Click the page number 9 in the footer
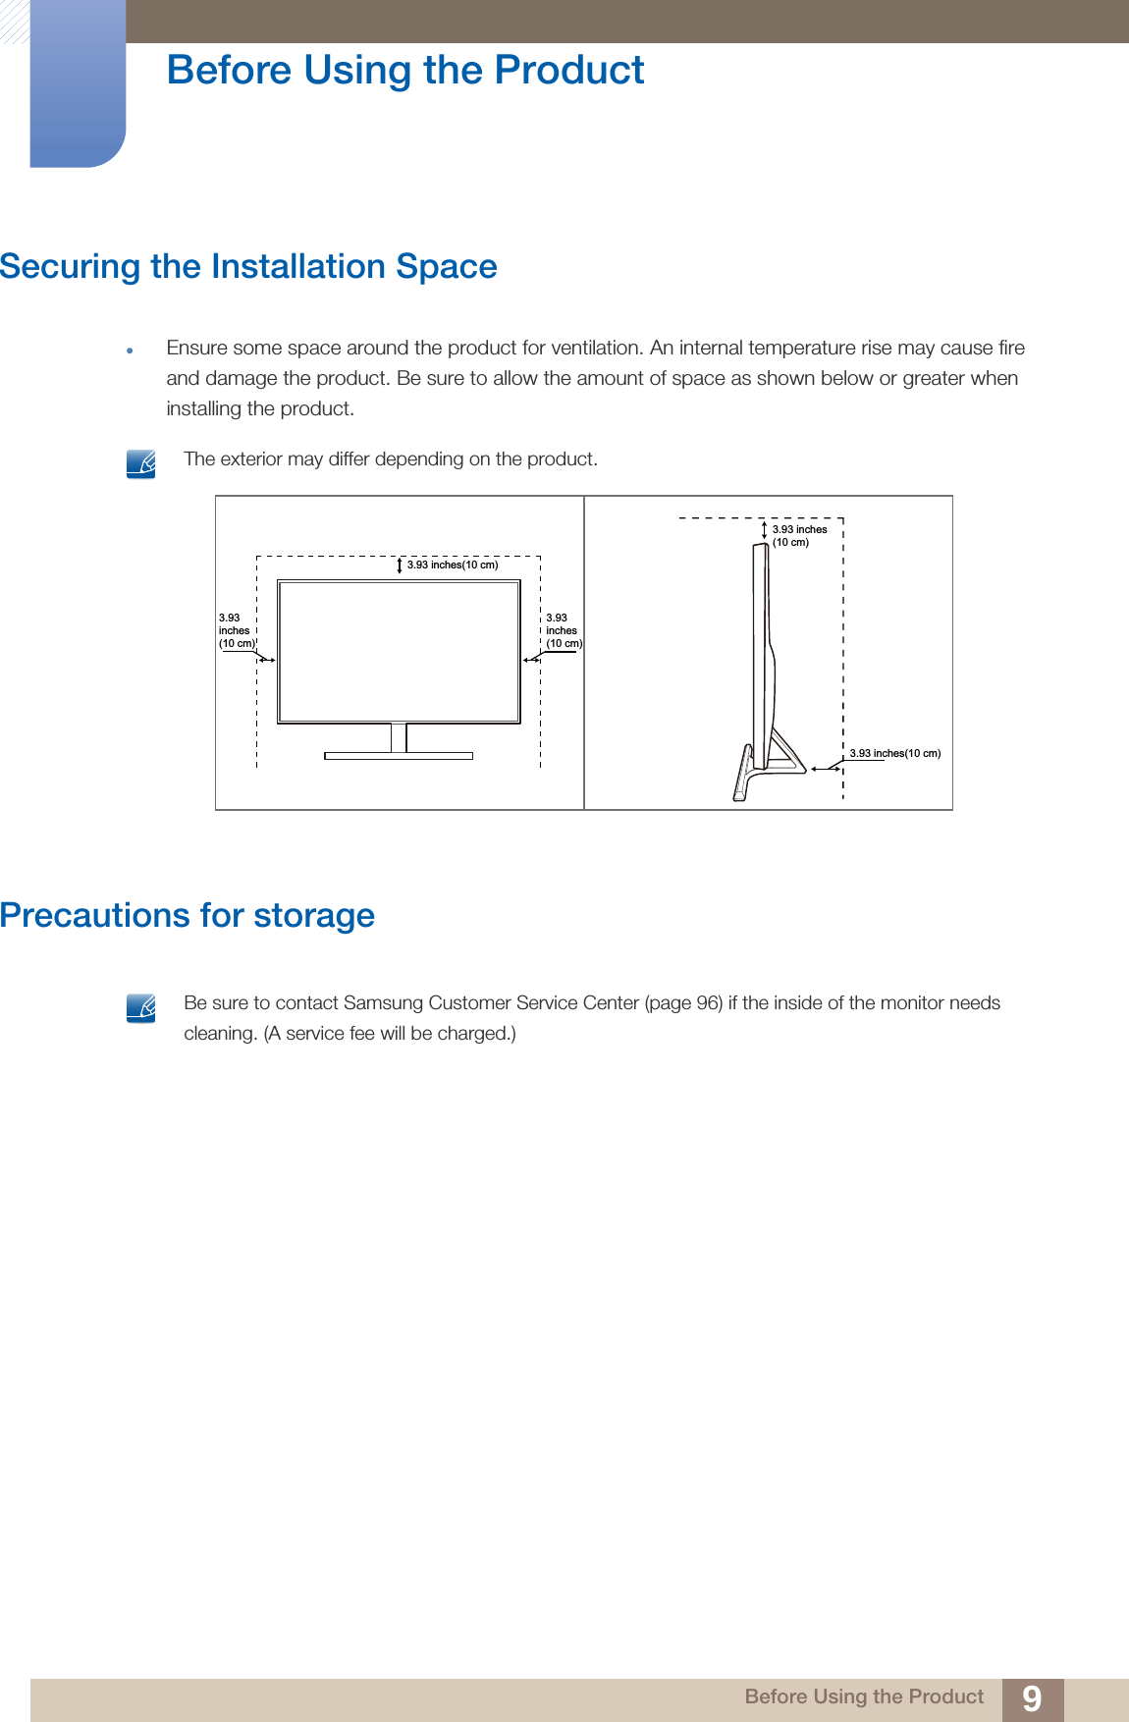pyautogui.click(x=1031, y=1698)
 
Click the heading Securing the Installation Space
pyautogui.click(x=248, y=267)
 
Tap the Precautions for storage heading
pyautogui.click(x=188, y=915)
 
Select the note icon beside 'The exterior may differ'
pyautogui.click(x=141, y=463)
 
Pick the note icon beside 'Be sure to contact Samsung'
pyautogui.click(x=141, y=1007)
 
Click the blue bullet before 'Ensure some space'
pyautogui.click(x=129, y=350)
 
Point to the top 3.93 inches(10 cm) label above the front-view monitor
pyautogui.click(x=453, y=565)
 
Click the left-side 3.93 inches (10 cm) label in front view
pyautogui.click(x=236, y=631)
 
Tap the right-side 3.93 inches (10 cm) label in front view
pyautogui.click(x=563, y=631)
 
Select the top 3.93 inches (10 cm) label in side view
pyautogui.click(x=799, y=535)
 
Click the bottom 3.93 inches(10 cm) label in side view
pyautogui.click(x=894, y=753)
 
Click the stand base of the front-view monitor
pyautogui.click(x=399, y=756)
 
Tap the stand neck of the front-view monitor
pyautogui.click(x=399, y=737)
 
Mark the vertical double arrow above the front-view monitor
pyautogui.click(x=400, y=565)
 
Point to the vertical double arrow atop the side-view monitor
pyautogui.click(x=764, y=530)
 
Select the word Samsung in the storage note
pyautogui.click(x=383, y=1002)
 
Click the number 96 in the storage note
pyautogui.click(x=708, y=1002)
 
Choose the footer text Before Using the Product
pyautogui.click(x=864, y=1696)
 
